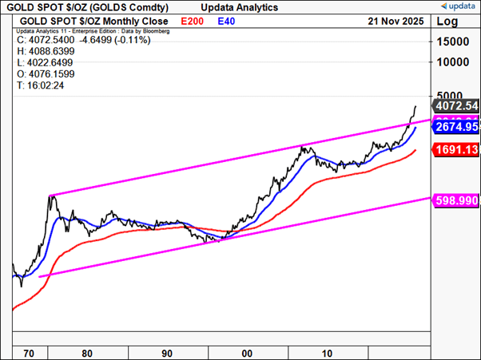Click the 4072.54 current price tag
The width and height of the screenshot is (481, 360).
[455, 105]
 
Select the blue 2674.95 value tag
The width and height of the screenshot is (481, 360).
[455, 126]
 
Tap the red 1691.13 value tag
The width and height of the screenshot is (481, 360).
[455, 149]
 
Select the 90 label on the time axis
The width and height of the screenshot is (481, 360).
[168, 350]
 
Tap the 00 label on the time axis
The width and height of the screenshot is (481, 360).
[248, 350]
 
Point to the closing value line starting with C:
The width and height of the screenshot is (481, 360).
[61, 38]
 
